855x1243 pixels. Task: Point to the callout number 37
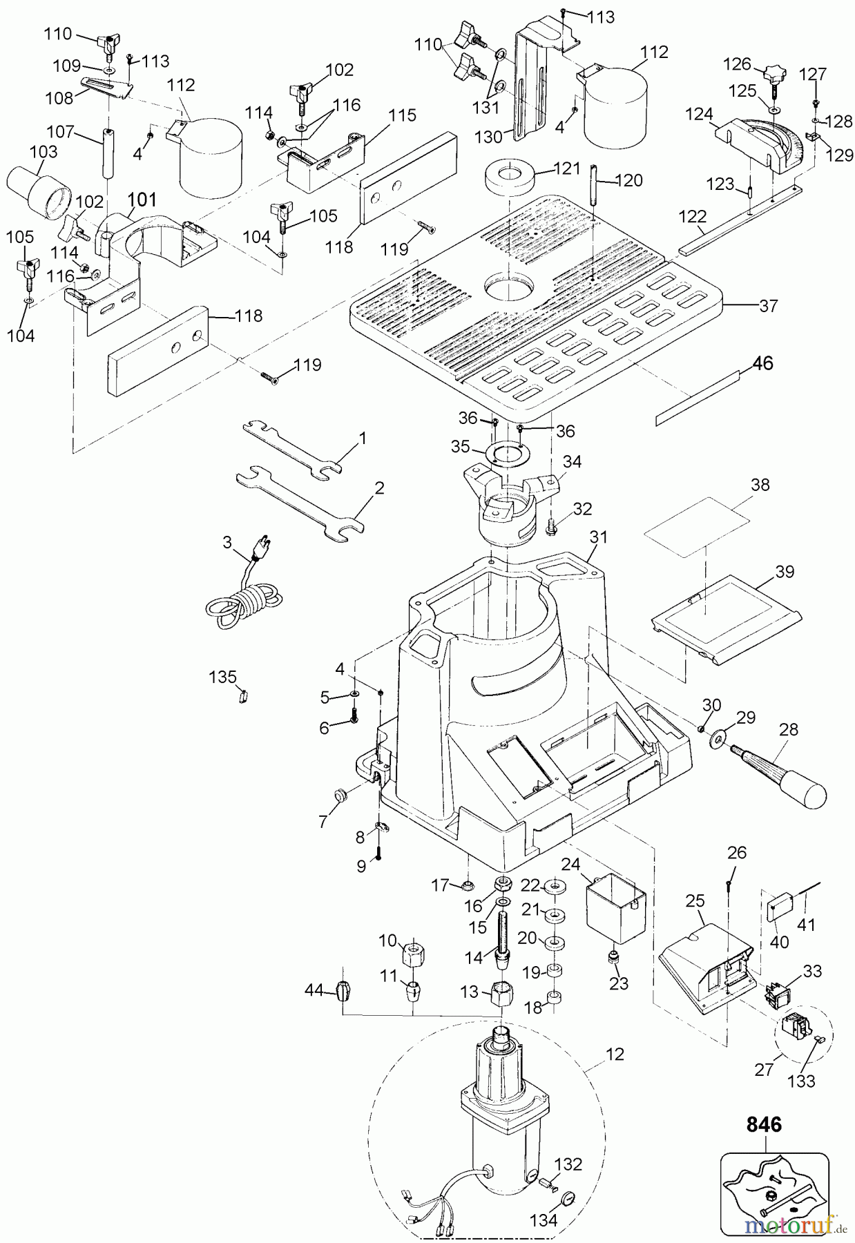pos(768,305)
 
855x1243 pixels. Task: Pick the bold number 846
pos(765,1125)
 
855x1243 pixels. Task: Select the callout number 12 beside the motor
pos(614,1054)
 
